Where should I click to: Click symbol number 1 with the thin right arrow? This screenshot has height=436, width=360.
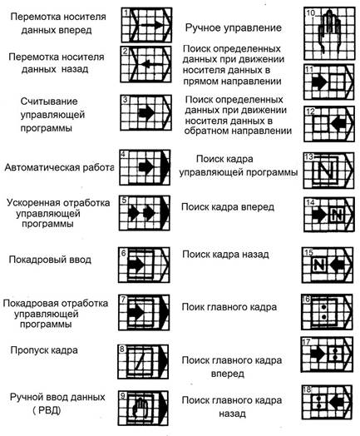pos(146,25)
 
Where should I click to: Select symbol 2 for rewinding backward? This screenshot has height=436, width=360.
pos(145,65)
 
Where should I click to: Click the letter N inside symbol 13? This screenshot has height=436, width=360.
pos(326,170)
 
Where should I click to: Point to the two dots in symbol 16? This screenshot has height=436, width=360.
pos(323,312)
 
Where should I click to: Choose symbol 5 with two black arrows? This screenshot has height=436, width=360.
pos(145,213)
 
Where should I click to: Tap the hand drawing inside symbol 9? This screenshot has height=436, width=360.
pos(141,408)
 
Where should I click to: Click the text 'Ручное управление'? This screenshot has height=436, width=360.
pos(234,27)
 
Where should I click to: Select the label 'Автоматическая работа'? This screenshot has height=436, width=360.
pos(59,167)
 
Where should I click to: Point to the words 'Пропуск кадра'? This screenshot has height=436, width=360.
pos(44,350)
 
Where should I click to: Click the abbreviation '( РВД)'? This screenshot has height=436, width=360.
pos(47,410)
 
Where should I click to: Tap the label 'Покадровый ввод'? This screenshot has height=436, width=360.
pos(50,260)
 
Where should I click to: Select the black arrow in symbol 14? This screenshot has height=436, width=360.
pos(319,215)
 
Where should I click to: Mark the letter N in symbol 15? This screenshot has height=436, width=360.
pos(318,264)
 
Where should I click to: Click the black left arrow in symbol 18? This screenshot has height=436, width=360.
pos(337,402)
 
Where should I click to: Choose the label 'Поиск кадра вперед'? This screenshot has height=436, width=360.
pos(228,207)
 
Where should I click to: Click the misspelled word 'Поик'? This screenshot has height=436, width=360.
pos(191,307)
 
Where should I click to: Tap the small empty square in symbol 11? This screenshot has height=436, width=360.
pos(337,82)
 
